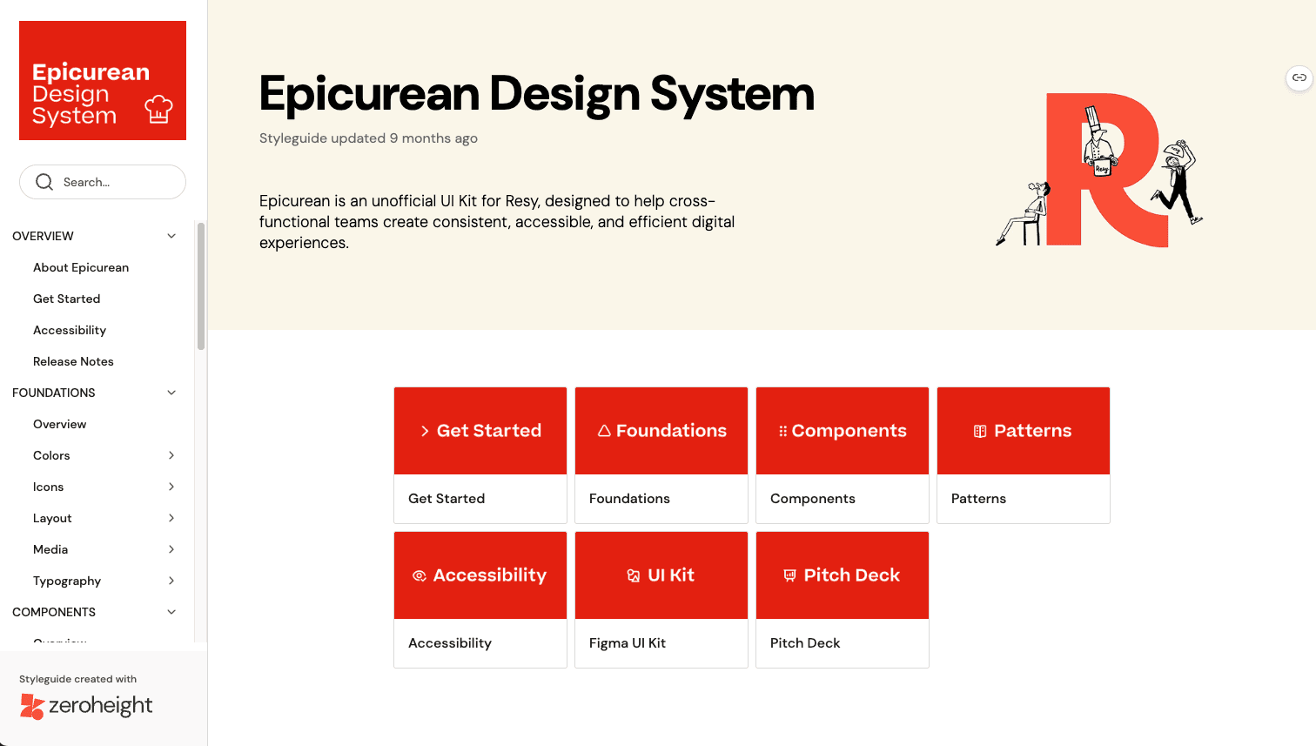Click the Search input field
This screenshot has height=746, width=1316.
tap(103, 182)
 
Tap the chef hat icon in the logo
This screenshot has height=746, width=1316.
tap(158, 110)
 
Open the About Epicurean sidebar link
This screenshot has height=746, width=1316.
tap(80, 267)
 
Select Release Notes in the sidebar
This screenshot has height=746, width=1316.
tap(73, 361)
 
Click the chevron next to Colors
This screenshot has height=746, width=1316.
tap(171, 455)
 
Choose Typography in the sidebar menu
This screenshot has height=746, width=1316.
tap(67, 581)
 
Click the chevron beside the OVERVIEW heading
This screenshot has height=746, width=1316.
tap(171, 236)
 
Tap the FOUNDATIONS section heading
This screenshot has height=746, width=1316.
tap(53, 393)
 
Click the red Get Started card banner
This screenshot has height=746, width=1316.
tap(480, 431)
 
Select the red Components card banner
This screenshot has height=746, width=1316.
tap(842, 431)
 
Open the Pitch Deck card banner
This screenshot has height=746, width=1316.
tap(842, 575)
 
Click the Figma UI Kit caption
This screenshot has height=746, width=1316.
tap(627, 643)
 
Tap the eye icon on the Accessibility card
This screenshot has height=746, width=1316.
tap(419, 575)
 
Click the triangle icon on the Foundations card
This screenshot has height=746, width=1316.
tap(604, 431)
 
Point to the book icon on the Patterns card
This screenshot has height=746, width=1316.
tap(980, 431)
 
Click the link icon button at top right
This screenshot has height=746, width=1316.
tap(1299, 77)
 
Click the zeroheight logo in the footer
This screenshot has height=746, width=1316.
tap(86, 706)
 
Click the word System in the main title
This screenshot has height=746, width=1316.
tap(732, 94)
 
